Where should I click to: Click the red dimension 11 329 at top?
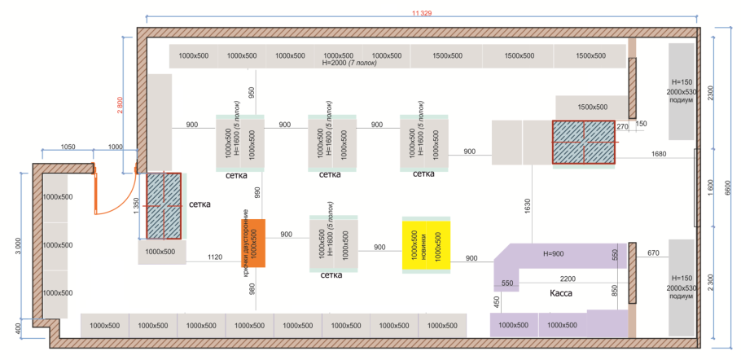(x=422, y=13)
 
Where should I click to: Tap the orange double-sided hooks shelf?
(x=253, y=243)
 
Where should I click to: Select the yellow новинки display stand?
(x=426, y=245)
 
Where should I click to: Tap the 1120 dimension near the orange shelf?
(x=214, y=257)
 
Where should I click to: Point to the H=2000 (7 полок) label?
(x=349, y=63)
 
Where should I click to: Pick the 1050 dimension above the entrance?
(x=68, y=146)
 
